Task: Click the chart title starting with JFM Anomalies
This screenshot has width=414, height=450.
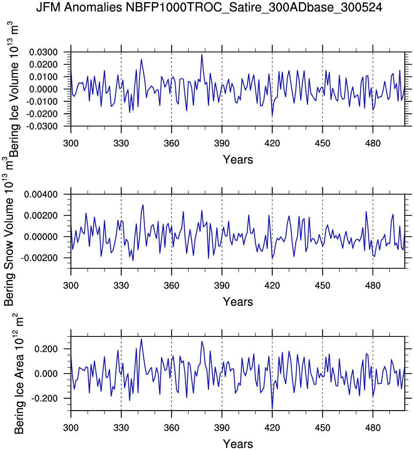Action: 209,8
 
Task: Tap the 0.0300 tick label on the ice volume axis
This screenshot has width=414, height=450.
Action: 43,52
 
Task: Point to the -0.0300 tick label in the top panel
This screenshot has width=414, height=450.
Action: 42,126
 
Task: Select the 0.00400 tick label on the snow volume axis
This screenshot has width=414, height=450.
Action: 41,194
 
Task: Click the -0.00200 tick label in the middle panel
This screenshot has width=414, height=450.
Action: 39,258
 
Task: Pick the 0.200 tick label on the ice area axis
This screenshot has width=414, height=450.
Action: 46,349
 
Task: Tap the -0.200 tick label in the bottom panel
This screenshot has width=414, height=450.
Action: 44,398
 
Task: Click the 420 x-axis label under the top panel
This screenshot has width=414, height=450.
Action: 272,143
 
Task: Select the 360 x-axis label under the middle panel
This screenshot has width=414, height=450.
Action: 171,286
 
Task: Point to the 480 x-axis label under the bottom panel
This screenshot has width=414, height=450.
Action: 372,428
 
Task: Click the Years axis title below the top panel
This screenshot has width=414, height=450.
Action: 238,160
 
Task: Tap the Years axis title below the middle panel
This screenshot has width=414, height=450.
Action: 238,302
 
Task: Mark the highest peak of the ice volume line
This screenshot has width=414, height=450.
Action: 202,54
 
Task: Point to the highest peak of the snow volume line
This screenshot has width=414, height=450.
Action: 143,204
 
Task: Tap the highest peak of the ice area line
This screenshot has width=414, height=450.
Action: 141,339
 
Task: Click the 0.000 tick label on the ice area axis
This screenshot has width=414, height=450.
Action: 46,374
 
